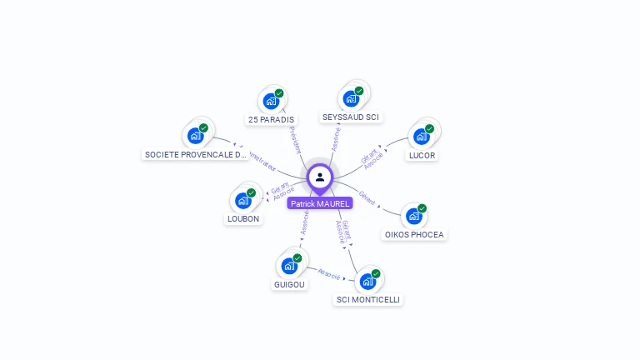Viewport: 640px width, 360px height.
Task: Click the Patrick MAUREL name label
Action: click(320, 203)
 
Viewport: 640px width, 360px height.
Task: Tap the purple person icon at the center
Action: click(320, 177)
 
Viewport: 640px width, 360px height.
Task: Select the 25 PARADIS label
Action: click(271, 120)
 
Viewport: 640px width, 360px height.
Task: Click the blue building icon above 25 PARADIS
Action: click(271, 101)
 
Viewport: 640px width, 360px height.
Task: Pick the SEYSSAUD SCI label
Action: click(351, 117)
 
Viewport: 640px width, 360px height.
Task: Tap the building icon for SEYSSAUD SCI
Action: click(351, 98)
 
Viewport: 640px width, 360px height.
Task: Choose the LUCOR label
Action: click(422, 155)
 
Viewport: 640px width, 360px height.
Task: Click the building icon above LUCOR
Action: click(421, 136)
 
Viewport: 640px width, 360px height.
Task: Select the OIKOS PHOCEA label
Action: click(414, 235)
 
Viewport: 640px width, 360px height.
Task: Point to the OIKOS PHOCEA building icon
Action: click(413, 216)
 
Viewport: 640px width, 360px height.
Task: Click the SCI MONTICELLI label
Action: click(368, 300)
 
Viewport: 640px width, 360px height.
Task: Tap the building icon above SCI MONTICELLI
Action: click(367, 281)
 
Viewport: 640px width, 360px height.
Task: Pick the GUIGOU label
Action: click(289, 284)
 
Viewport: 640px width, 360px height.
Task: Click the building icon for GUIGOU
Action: click(289, 266)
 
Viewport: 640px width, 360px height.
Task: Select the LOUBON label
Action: click(243, 219)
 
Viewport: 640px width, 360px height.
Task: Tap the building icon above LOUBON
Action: click(243, 200)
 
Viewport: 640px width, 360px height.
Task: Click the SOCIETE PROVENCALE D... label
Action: click(196, 155)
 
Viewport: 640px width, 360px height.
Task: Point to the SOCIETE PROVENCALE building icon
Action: click(196, 135)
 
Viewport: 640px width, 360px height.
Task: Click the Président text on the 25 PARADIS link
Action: click(294, 139)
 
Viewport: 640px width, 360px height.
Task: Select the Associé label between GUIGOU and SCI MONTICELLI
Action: click(330, 272)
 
